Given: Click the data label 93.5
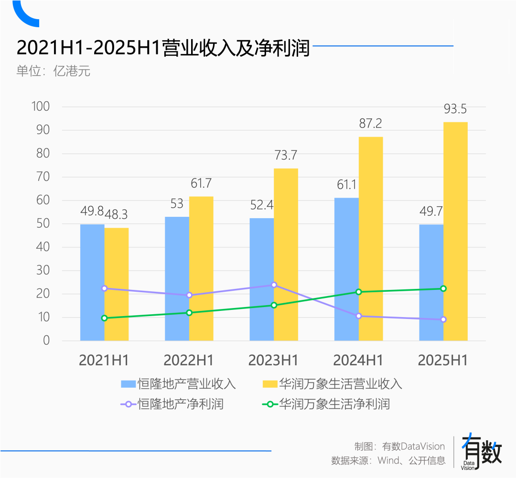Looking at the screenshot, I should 455,109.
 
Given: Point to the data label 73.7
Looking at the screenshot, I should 285,155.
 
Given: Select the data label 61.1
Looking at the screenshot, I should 346,185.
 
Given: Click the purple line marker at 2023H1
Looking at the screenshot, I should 274,285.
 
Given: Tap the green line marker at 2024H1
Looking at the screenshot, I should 359,292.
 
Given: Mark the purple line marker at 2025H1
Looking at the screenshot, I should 443,319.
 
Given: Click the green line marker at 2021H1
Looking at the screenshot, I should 105,318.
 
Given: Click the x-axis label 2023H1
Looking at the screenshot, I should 273,361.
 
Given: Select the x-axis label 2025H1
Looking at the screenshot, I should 443,361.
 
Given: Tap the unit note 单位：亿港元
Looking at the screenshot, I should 54,72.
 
